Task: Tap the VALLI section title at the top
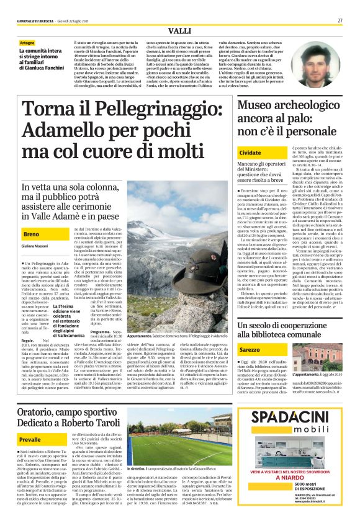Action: point(179,31)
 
